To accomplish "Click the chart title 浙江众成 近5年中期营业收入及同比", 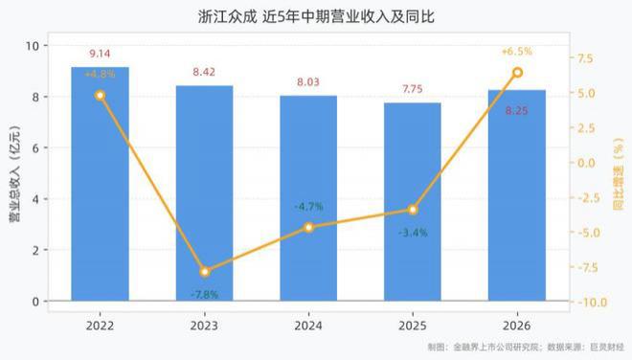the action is (316, 17).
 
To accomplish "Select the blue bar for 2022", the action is (100, 184).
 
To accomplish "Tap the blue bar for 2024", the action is (308, 198).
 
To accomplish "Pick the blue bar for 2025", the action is (413, 202).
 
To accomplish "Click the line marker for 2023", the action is (205, 272).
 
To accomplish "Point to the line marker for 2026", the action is (517, 73).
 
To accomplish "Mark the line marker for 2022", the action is (100, 96).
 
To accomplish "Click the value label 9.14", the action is (100, 54).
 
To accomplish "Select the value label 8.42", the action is (204, 72).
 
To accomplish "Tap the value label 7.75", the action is (413, 89).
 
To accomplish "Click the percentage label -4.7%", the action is (308, 207).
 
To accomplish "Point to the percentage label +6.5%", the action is (517, 52).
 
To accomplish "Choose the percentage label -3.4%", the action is (413, 233).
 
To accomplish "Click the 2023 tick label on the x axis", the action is (204, 326).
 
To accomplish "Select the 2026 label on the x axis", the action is (517, 326).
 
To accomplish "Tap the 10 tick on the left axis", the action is (33, 46).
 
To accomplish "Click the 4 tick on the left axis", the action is (35, 199).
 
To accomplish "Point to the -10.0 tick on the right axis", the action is (592, 303).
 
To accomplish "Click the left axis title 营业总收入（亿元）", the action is (15, 174).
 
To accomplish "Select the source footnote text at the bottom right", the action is (526, 348).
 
